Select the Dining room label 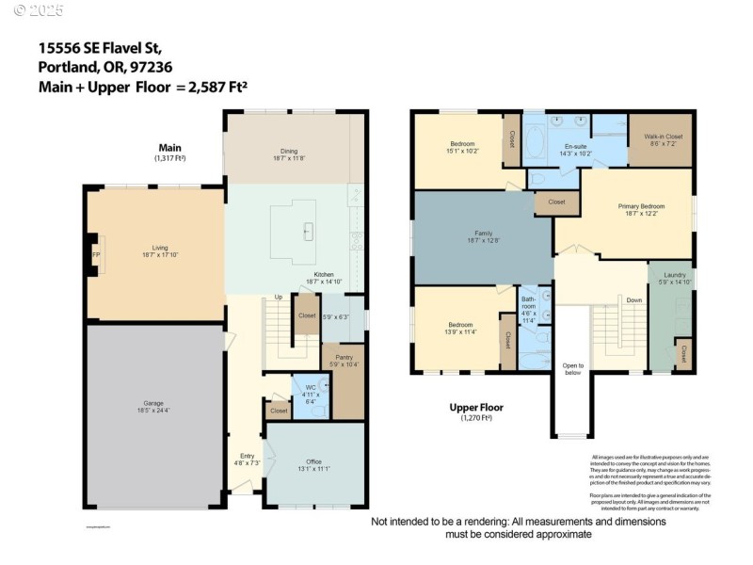click(x=289, y=153)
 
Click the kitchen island click(x=306, y=230)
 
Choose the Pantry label click(x=343, y=359)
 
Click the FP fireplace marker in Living click(x=95, y=255)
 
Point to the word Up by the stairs click(x=278, y=298)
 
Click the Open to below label click(x=573, y=368)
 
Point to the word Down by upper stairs click(x=634, y=301)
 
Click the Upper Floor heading click(x=476, y=409)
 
